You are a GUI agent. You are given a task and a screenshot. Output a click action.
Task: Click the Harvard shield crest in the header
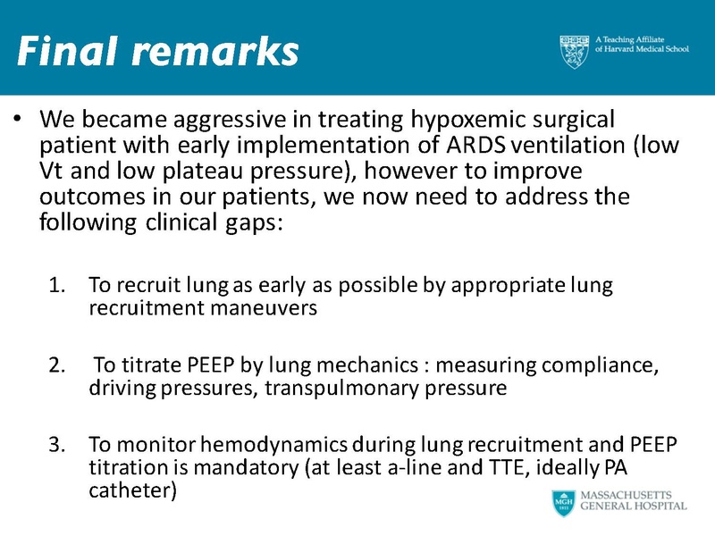point(575,51)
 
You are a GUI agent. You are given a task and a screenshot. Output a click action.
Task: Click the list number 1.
point(55,286)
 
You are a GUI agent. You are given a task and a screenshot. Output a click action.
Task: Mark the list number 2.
point(55,364)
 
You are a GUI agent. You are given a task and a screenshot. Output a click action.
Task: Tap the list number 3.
point(55,443)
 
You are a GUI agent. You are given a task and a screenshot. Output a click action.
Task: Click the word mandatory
point(198,466)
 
